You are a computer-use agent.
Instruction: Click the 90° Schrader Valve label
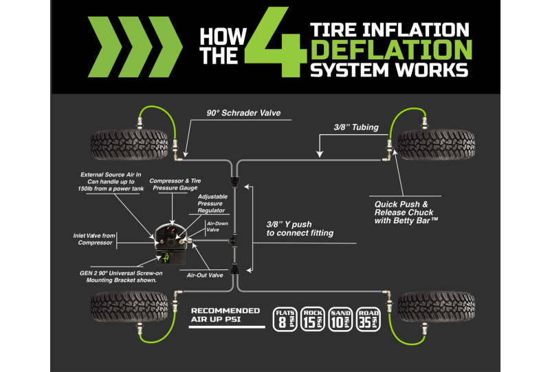coord(243,113)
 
